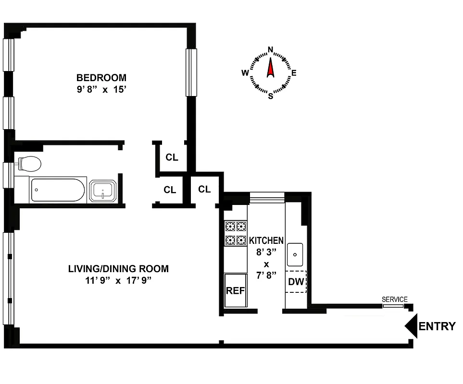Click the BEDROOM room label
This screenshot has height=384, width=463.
101,77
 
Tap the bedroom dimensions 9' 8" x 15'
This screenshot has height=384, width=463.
101,89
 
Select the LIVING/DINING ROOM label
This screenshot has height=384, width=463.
118,269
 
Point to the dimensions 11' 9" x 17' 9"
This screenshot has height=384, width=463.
118,281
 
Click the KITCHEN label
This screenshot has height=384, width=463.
266,240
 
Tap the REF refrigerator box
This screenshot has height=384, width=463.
236,290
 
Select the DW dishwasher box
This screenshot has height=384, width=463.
296,282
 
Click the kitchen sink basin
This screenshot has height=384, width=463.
295,254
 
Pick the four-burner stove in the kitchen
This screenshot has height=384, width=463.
236,233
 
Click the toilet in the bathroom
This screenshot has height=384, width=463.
29,164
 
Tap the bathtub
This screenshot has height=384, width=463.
58,190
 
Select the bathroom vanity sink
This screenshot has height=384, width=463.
102,191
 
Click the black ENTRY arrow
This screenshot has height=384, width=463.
411,326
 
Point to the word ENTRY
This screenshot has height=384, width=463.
437,327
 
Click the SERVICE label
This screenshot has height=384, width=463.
394,300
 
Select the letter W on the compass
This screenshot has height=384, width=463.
245,73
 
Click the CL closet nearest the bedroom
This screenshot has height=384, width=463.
172,157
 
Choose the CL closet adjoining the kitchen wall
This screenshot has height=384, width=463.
204,190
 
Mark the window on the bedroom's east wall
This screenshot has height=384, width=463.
191,72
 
